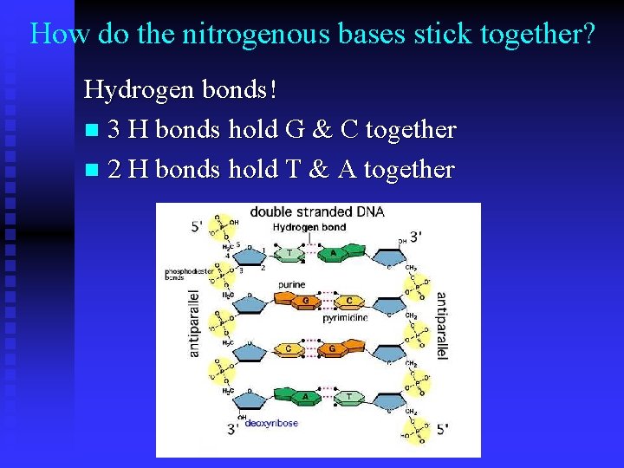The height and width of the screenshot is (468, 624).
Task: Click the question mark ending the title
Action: pyautogui.click(x=588, y=34)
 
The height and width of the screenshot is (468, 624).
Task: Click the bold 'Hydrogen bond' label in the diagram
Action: pyautogui.click(x=309, y=227)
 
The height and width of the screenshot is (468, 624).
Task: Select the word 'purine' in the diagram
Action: pyautogui.click(x=291, y=284)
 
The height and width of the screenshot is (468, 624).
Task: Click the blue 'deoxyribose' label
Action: pyautogui.click(x=271, y=423)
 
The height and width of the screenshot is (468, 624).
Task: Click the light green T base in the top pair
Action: pyautogui.click(x=289, y=254)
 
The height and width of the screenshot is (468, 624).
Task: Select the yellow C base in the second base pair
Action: pyautogui.click(x=348, y=302)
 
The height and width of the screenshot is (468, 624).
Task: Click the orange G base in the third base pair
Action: pyautogui.click(x=331, y=348)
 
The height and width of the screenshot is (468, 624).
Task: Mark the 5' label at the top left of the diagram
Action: pyautogui.click(x=198, y=227)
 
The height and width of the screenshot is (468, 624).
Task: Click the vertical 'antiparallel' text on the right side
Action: pyautogui.click(x=442, y=326)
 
